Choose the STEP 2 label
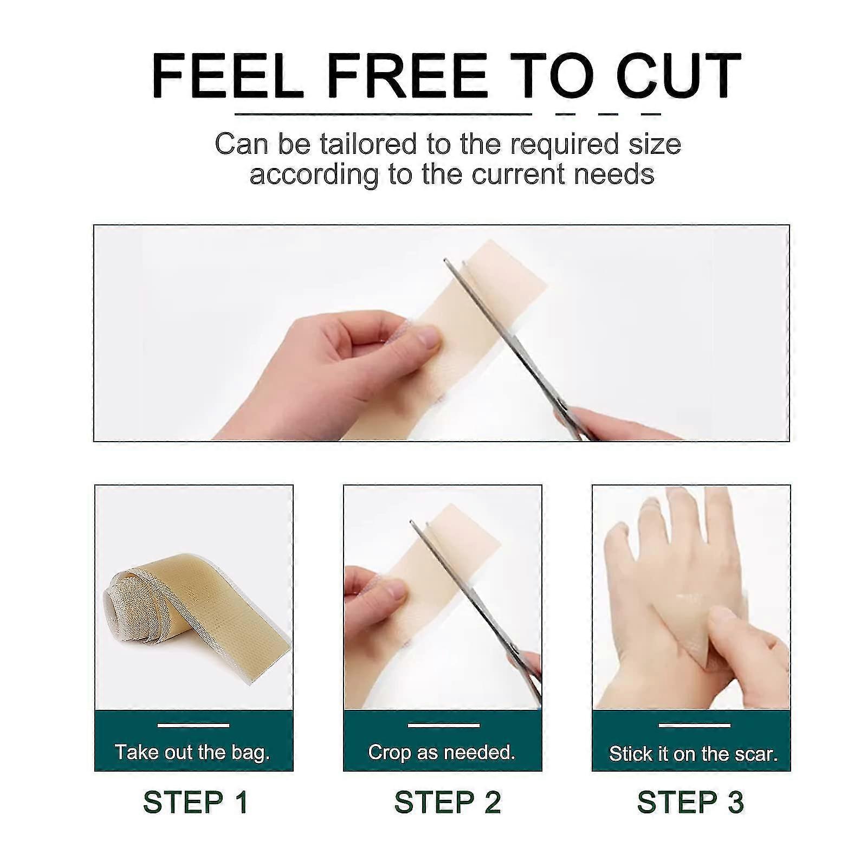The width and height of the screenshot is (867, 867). coord(448,802)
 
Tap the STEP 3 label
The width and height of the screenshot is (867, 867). coord(690,802)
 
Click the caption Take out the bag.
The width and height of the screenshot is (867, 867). coord(192,752)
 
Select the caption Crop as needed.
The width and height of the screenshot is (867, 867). coord(442,752)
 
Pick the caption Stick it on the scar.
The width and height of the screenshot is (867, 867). coord(693,754)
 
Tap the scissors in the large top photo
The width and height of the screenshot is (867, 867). coord(520,352)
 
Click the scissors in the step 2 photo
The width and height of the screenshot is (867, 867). coord(477,612)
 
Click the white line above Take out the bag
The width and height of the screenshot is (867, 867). coord(193,725)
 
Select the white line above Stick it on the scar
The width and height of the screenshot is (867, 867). coord(694,725)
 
